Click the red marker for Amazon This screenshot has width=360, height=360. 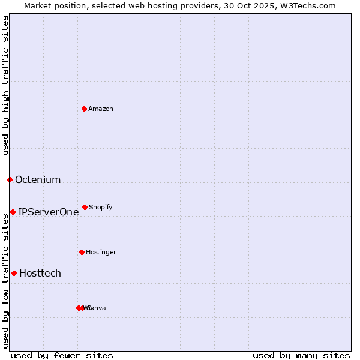point(84,109)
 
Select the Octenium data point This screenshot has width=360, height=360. point(10,179)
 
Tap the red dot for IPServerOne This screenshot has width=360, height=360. point(13,212)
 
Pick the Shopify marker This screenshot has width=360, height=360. point(85,207)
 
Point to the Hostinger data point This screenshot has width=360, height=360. point(82,252)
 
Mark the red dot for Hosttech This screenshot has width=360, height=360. point(14,273)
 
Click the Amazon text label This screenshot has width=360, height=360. point(101,109)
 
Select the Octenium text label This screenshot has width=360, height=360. point(38,179)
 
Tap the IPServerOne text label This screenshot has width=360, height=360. point(49,212)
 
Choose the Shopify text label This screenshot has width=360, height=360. point(101,207)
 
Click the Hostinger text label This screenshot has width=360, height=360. point(101,252)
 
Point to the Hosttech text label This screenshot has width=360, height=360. point(40,273)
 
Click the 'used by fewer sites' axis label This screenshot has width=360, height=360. point(62,355)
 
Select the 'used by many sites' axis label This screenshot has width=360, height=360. point(301,355)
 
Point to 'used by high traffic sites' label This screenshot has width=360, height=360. point(5,85)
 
